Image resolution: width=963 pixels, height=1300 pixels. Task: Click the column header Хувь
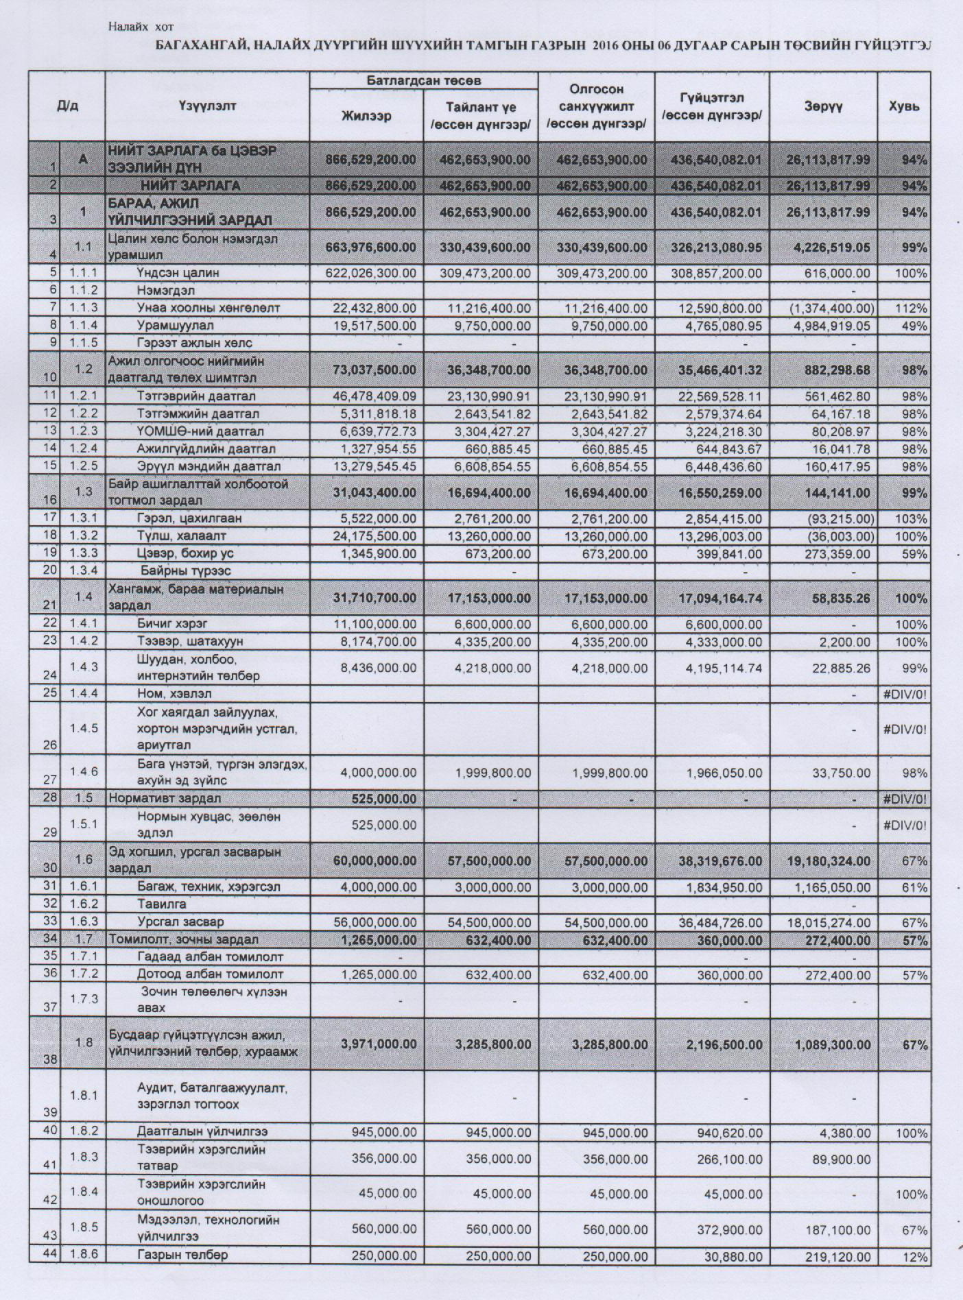[904, 106]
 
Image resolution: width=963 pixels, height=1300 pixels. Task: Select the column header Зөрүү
[823, 106]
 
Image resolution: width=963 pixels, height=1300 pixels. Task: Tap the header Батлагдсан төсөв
[423, 81]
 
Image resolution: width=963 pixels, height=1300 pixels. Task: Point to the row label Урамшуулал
[175, 325]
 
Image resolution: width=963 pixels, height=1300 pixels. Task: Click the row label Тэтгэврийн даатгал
[196, 396]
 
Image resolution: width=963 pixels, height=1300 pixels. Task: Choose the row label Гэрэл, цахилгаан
[189, 518]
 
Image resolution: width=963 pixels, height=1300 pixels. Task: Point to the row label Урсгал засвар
[180, 922]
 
